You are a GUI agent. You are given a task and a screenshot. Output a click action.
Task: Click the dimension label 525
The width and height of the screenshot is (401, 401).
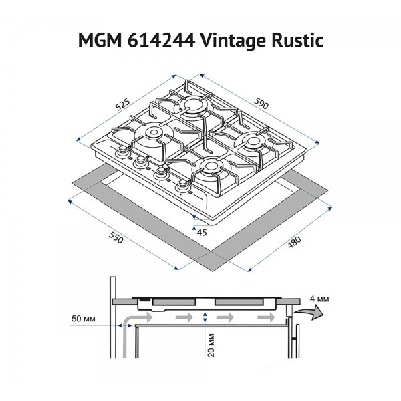[123, 104]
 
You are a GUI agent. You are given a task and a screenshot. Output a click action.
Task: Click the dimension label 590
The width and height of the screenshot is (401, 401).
[261, 103]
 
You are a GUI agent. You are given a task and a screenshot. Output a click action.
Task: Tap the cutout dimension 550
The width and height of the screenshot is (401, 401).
[116, 238]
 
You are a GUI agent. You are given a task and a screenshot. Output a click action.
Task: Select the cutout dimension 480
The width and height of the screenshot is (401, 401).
[295, 242]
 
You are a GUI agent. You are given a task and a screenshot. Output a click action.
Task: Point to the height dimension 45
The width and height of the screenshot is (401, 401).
[202, 232]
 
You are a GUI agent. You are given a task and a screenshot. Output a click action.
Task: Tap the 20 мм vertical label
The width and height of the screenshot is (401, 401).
[211, 346]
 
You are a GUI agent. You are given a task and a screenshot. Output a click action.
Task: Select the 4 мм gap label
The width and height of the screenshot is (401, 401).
[319, 299]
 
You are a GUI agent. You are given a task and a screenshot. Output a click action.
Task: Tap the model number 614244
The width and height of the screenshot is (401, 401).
[161, 41]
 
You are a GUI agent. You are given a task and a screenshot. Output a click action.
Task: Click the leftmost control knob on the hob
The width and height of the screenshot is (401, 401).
[123, 152]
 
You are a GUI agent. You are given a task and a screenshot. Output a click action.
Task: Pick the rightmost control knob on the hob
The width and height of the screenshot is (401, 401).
[183, 185]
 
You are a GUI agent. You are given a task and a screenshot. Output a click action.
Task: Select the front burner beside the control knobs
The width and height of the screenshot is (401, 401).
[210, 167]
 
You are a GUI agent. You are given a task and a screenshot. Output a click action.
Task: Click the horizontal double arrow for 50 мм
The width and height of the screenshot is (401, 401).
[124, 325]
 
